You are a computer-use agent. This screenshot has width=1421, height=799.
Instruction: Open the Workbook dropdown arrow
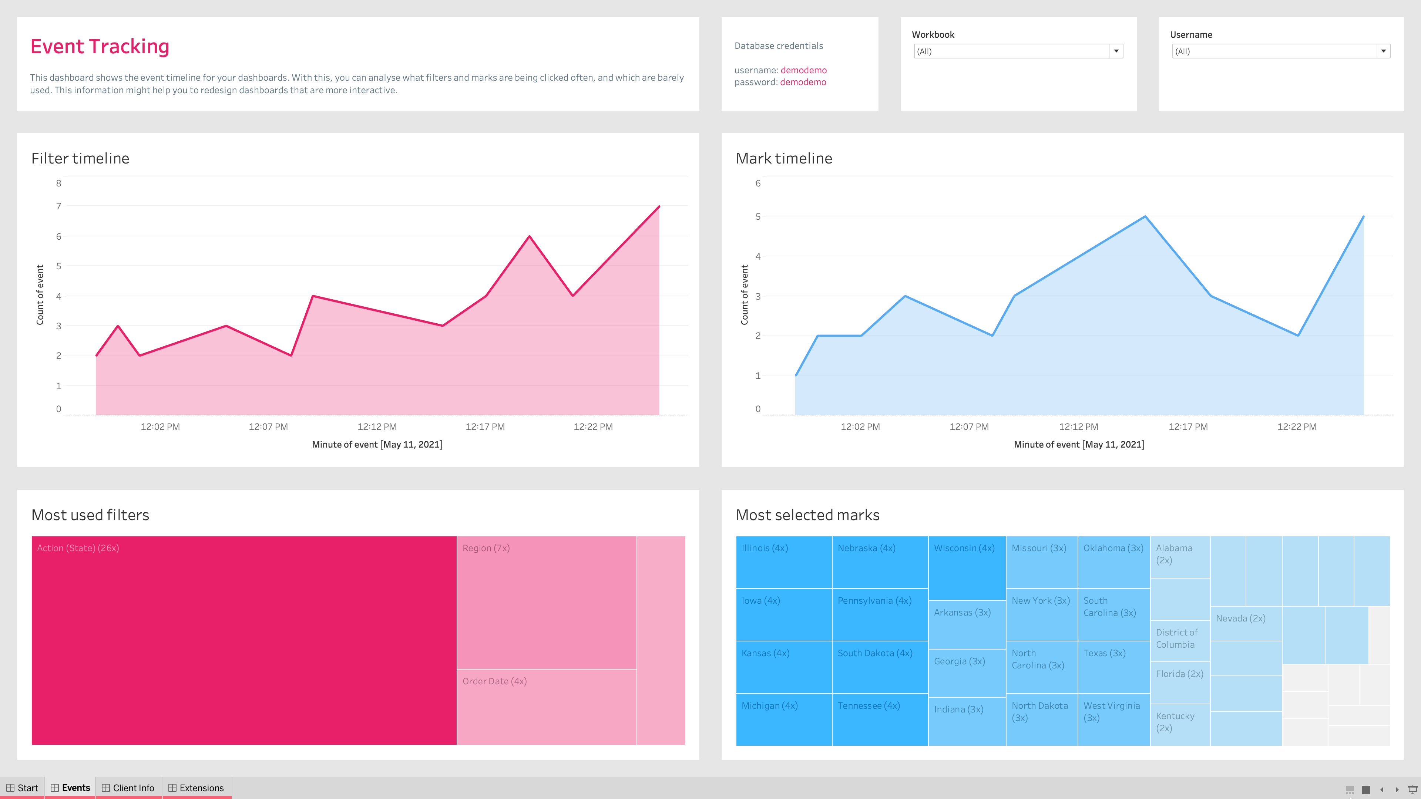[x=1116, y=51]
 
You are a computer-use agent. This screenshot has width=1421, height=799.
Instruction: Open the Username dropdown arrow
[x=1383, y=51]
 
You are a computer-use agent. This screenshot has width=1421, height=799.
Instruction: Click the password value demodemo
[x=803, y=82]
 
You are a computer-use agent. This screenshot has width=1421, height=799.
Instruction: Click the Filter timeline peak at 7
[x=659, y=207]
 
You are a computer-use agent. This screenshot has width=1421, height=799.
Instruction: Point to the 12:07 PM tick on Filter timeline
[x=268, y=426]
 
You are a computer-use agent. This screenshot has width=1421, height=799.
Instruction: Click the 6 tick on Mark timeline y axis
[x=758, y=183]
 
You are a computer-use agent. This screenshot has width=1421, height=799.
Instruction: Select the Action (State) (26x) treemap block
[x=244, y=640]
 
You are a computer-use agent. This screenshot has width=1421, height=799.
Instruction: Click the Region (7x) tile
[x=546, y=601]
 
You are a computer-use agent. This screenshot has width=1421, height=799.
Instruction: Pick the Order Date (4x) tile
[x=546, y=706]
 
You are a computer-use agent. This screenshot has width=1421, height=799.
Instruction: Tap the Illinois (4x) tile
[x=783, y=562]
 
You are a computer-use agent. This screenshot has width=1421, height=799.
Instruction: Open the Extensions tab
[x=196, y=788]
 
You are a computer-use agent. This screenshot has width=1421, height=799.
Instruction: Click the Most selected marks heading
[x=807, y=515]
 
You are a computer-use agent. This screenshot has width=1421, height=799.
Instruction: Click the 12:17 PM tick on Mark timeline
[x=1187, y=426]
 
